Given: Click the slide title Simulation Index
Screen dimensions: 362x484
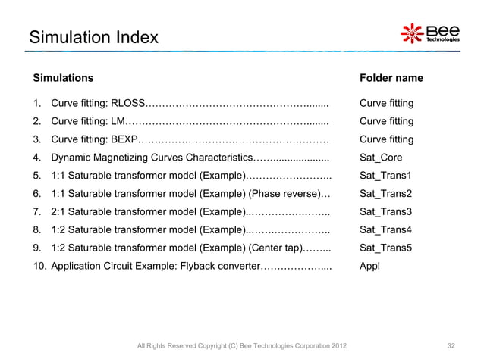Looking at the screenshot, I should [93, 36].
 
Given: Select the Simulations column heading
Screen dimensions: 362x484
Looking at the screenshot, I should [63, 78].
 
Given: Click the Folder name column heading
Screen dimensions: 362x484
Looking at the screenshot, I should [391, 78].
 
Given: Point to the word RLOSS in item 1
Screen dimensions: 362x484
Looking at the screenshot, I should [127, 104].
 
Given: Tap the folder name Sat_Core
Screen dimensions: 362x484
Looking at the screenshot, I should [381, 158].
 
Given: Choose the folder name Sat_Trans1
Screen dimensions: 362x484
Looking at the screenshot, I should [385, 176].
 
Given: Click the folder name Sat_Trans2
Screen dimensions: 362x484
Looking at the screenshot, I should [385, 193].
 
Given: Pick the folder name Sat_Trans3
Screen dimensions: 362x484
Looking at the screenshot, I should [385, 211].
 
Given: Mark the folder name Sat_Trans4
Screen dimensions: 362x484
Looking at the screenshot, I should [385, 229].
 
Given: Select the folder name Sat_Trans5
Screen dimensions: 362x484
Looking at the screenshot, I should [385, 248].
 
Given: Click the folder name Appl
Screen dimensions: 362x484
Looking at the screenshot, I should [369, 266].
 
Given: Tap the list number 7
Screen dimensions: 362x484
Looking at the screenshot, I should [36, 211].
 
